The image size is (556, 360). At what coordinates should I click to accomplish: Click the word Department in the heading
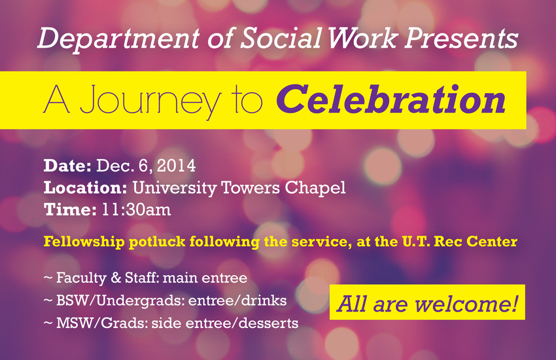point(118,39)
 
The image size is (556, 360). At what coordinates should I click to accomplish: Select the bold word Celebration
point(391,99)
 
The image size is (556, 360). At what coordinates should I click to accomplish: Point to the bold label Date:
point(67,166)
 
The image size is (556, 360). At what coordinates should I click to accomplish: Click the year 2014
point(176,166)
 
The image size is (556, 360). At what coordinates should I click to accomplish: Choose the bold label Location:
point(86,188)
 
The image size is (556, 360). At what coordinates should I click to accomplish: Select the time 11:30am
point(137,209)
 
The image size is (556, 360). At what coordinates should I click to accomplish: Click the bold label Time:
point(70,209)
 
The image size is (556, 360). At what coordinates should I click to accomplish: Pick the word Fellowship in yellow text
point(84,242)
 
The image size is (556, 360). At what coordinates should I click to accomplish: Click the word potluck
point(157,242)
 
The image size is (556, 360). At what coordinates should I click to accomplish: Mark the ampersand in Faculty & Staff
point(116,278)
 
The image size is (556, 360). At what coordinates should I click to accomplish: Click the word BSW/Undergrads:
point(120,301)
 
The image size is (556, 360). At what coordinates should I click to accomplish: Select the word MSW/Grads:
point(102,323)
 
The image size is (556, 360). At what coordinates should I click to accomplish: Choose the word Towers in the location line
point(251,188)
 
